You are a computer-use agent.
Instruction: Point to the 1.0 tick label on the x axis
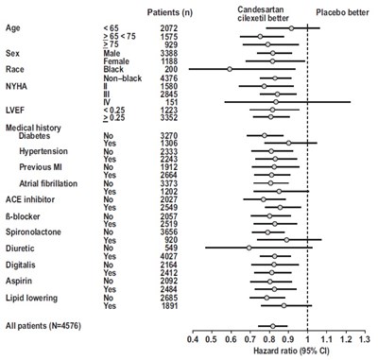coord(307,337)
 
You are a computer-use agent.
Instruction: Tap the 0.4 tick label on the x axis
coord(192,337)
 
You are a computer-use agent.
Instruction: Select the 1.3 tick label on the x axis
coord(364,337)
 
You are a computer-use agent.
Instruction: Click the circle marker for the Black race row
coord(229,69)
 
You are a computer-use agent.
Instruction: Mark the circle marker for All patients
coord(274,326)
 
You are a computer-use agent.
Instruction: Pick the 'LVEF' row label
coord(16,112)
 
